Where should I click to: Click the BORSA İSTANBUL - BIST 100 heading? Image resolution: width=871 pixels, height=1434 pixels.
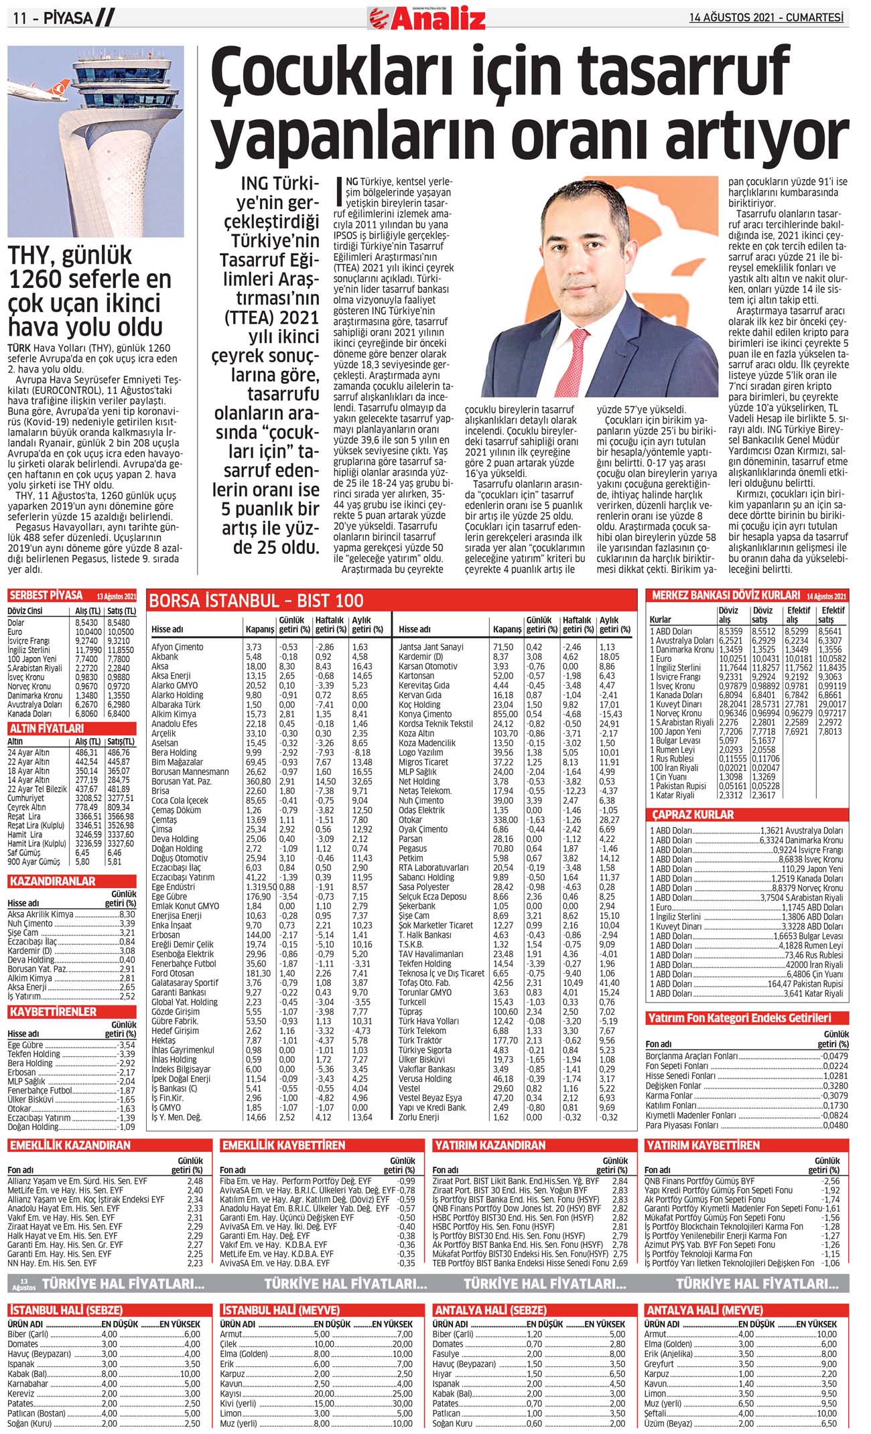tap(257, 600)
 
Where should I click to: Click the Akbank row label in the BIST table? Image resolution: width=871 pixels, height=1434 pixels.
tap(165, 656)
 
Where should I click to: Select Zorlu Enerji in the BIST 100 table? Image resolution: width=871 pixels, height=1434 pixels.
tap(419, 1117)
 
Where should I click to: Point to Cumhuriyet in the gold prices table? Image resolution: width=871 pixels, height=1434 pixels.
tap(27, 798)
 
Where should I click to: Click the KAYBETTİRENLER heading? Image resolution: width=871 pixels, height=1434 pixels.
tap(53, 1011)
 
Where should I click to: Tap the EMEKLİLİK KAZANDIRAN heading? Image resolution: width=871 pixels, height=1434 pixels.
tap(70, 1145)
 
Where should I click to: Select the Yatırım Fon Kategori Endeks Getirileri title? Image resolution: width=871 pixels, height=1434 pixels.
tap(740, 1018)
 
